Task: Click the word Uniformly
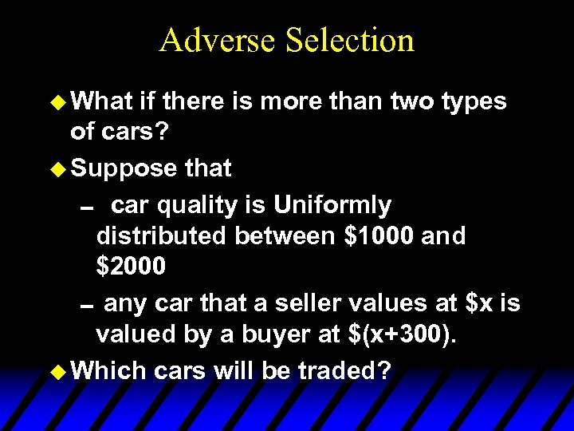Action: coord(332,205)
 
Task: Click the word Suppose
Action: coord(124,169)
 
